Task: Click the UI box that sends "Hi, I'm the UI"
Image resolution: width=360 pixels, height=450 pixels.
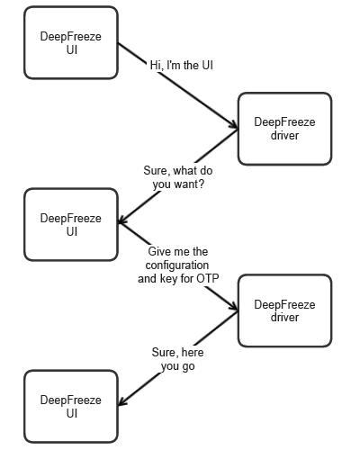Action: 71,42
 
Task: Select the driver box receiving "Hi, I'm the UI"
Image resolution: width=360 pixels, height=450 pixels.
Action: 284,129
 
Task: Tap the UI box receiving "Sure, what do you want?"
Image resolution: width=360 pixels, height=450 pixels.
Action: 71,224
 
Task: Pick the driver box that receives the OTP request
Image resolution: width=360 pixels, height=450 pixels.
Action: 284,310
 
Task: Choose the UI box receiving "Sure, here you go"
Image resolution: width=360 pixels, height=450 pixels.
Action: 71,407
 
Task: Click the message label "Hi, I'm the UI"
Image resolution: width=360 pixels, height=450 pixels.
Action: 182,66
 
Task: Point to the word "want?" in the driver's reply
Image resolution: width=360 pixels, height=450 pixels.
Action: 189,184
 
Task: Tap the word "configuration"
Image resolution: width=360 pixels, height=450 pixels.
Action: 177,265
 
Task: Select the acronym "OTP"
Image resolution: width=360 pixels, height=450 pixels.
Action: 208,279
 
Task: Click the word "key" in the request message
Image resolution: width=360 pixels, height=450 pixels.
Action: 168,279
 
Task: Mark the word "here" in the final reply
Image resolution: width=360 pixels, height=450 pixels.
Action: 192,352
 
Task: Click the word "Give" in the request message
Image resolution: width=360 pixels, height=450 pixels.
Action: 159,251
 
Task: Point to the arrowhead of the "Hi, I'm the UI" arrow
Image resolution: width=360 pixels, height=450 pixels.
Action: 235,126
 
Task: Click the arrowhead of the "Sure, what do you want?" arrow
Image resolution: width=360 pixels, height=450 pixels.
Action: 121,220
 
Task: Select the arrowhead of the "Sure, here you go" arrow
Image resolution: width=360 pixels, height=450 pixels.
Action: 121,402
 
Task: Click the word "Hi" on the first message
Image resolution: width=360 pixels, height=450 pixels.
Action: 156,66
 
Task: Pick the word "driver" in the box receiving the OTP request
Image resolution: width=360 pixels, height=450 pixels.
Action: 284,317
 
